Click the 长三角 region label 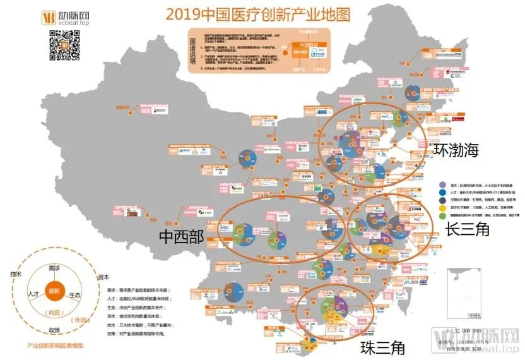click(x=467, y=229)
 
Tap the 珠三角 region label click(x=382, y=347)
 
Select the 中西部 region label click(x=180, y=236)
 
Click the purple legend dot click(x=443, y=185)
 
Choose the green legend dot click(x=443, y=216)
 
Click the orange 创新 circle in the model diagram click(x=54, y=291)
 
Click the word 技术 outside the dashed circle click(x=16, y=275)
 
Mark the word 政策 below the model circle click(x=54, y=330)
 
